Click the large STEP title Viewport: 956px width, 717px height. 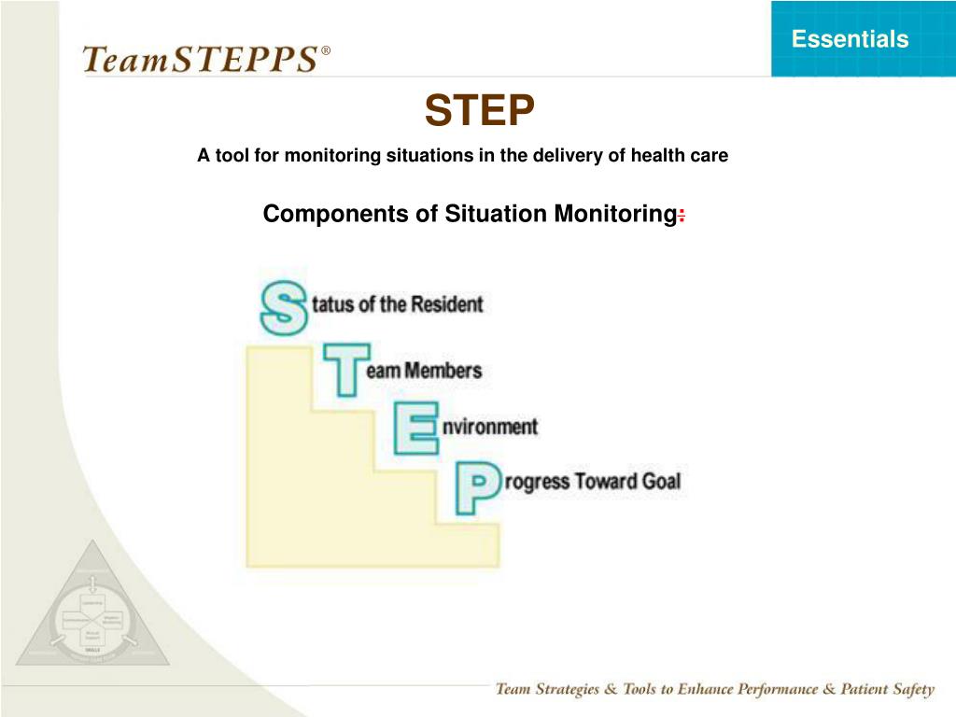[x=479, y=112]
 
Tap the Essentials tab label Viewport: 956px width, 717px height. [x=850, y=39]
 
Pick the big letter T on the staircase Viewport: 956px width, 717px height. [x=344, y=368]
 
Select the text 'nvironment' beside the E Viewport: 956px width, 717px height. [x=490, y=427]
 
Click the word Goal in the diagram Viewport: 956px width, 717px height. [x=661, y=482]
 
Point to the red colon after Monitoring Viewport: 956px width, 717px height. [x=682, y=216]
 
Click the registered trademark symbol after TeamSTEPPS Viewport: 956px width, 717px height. [x=325, y=49]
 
